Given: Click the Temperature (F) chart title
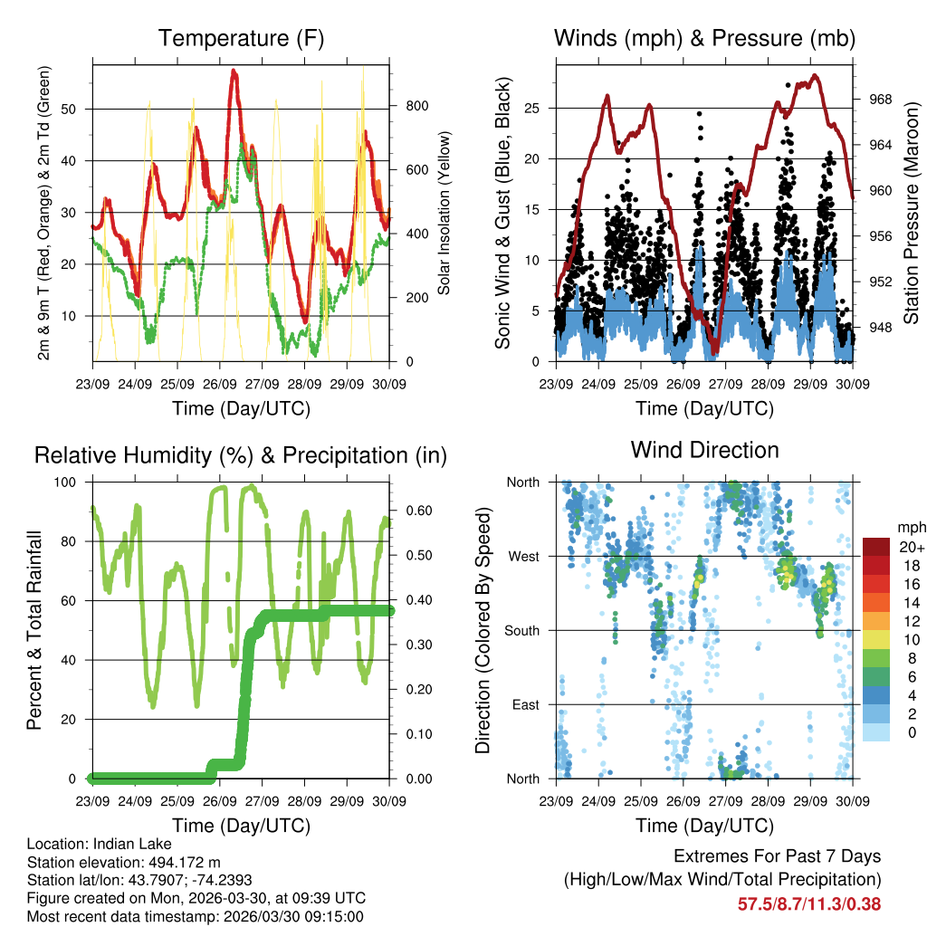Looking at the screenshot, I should coord(241,39).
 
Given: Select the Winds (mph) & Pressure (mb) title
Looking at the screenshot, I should coord(704,39).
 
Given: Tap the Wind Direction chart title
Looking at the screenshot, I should coord(704,450).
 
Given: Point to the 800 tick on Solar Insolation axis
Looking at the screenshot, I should coord(416,106).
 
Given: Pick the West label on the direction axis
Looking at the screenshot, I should coord(523,557).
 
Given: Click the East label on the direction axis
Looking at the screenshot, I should coord(525,704).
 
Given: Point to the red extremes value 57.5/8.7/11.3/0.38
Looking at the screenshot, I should coord(809,903).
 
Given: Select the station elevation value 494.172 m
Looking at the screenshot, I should coord(193,862).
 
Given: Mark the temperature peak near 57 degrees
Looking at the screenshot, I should coord(234,72).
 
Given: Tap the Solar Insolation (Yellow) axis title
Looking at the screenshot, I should coord(444,213).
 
